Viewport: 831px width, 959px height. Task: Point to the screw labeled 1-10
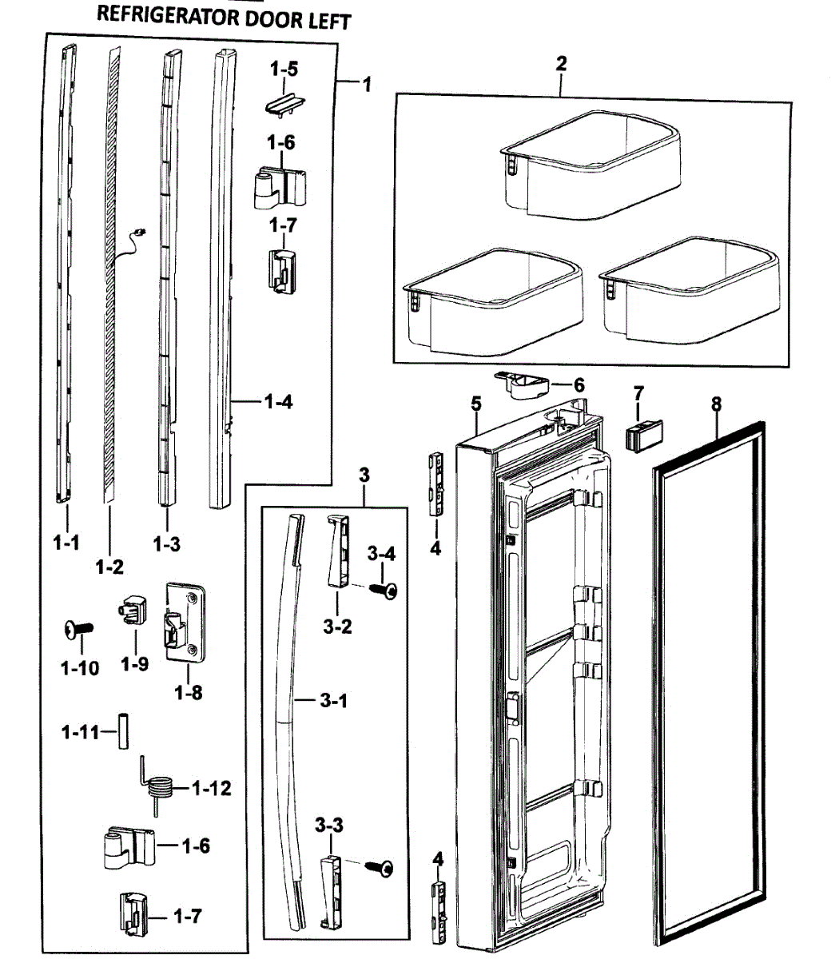tap(78, 631)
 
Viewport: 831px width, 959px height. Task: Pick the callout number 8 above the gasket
tap(716, 404)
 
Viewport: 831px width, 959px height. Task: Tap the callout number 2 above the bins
tap(562, 64)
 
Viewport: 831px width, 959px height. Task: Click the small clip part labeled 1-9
tap(133, 616)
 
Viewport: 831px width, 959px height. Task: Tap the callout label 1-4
tap(278, 401)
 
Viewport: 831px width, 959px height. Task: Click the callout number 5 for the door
tap(476, 403)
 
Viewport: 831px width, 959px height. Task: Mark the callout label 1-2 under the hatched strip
tap(109, 567)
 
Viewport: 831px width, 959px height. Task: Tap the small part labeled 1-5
tap(286, 103)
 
